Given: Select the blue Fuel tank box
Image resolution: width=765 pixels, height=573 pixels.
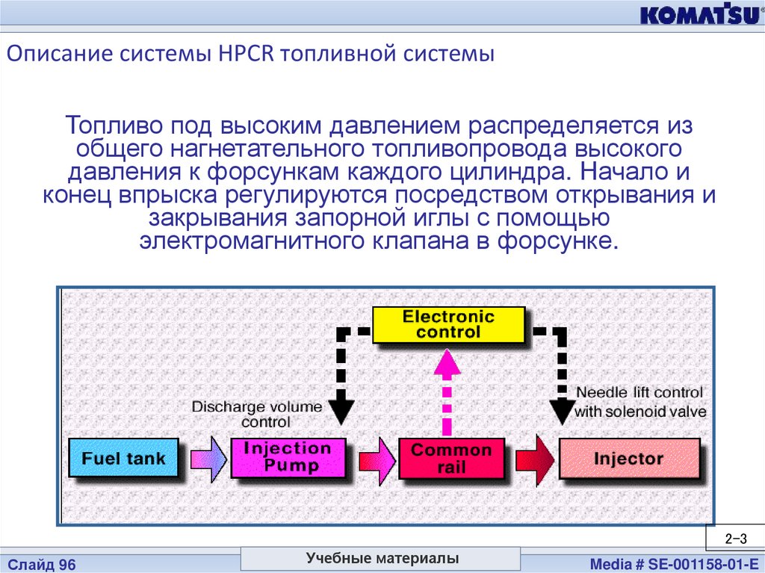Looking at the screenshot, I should pyautogui.click(x=123, y=458).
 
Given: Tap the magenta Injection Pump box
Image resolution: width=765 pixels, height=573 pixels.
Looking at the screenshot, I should pyautogui.click(x=287, y=458).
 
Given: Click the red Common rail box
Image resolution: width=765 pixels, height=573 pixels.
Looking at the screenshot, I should pyautogui.click(x=451, y=459).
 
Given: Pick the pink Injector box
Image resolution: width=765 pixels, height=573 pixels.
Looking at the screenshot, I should pyautogui.click(x=628, y=459).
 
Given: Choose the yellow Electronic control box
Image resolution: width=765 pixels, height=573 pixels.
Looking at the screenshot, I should pyautogui.click(x=448, y=324).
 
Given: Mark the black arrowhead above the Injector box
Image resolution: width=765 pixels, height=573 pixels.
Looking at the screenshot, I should pyautogui.click(x=561, y=410).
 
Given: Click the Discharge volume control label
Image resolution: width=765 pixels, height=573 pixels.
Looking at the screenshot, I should pyautogui.click(x=257, y=414).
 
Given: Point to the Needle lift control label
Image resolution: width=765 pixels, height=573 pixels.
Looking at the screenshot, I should pyautogui.click(x=639, y=402).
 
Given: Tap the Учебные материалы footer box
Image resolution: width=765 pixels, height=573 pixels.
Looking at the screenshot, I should pyautogui.click(x=382, y=559).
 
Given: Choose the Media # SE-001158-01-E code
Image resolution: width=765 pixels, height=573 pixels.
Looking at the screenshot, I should pyautogui.click(x=674, y=565).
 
